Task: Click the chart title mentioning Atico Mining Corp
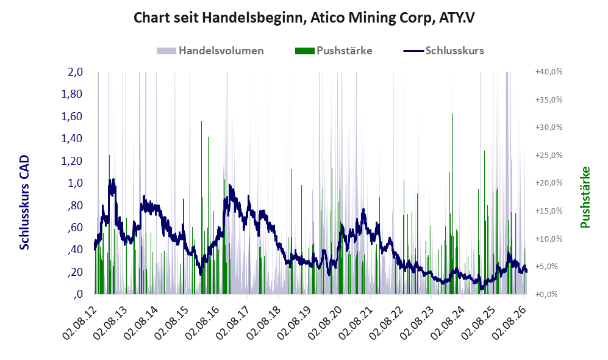point(304,18)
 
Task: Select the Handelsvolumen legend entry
point(210,51)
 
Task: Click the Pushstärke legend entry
point(334,51)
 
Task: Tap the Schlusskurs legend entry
point(443,51)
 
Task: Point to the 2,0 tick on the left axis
point(75,72)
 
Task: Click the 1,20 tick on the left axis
point(72,160)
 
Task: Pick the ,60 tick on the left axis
point(75,228)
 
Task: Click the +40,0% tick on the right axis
point(549,72)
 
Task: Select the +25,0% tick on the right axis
point(549,155)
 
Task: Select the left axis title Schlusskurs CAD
point(24,203)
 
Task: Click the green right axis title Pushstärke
point(585,197)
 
